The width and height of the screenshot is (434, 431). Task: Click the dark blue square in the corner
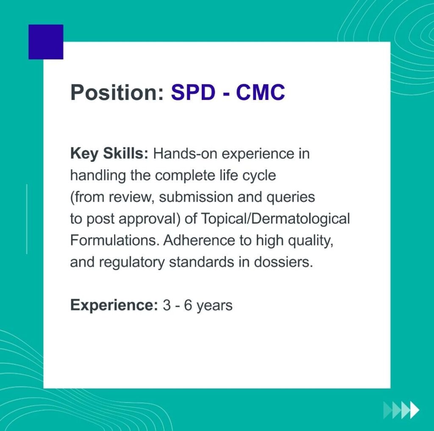point(46,42)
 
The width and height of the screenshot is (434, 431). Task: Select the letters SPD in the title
point(193,92)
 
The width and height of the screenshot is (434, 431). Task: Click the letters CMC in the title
point(261,92)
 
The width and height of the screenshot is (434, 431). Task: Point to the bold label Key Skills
point(109,154)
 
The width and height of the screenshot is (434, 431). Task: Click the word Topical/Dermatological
point(275,219)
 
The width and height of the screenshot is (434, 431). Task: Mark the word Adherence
point(199,240)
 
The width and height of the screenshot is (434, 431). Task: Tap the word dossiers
point(284,262)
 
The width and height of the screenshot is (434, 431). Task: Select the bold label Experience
point(114,306)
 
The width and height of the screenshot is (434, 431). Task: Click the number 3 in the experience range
point(166,306)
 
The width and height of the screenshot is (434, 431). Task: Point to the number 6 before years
point(188,306)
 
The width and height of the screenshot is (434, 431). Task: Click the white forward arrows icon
point(401,410)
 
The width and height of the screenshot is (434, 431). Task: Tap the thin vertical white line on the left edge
point(27,219)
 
